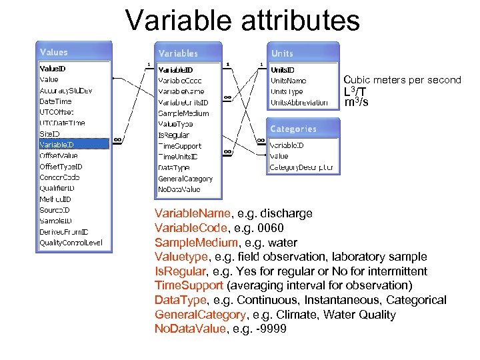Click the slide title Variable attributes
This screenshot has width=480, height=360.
tap(242, 20)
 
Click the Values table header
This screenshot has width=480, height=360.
tap(54, 52)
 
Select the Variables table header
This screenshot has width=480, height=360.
tap(178, 53)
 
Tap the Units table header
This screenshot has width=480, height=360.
tap(282, 53)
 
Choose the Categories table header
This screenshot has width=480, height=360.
tap(293, 129)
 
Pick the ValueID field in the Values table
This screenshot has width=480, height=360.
tap(53, 69)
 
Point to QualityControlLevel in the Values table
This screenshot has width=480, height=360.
tap(71, 243)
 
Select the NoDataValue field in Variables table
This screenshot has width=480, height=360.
tap(179, 189)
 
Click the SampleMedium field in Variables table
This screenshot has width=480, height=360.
tap(183, 113)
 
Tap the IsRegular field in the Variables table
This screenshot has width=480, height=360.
tap(173, 135)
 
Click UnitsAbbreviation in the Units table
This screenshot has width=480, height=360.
tap(299, 103)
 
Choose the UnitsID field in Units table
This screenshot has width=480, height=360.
tap(283, 69)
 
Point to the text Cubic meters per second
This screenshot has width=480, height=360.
tap(402, 80)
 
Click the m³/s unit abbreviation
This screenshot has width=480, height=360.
tap(356, 103)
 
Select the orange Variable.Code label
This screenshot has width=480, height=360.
tap(191, 228)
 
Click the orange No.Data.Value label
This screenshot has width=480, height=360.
tap(191, 329)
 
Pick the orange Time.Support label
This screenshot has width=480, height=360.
tap(187, 286)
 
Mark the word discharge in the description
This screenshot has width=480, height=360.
tap(287, 213)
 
